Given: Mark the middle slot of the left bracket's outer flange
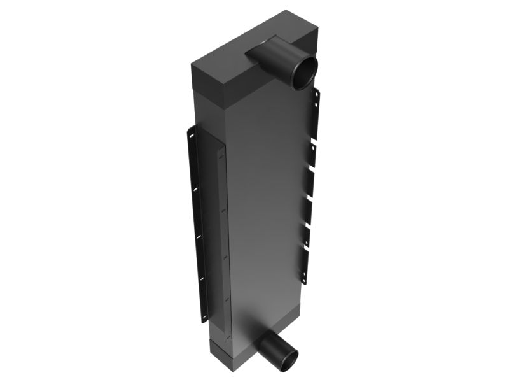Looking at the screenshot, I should pyautogui.click(x=197, y=236).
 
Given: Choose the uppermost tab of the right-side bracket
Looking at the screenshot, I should pyautogui.click(x=316, y=108).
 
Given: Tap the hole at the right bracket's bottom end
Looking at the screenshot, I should pyautogui.click(x=303, y=280).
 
